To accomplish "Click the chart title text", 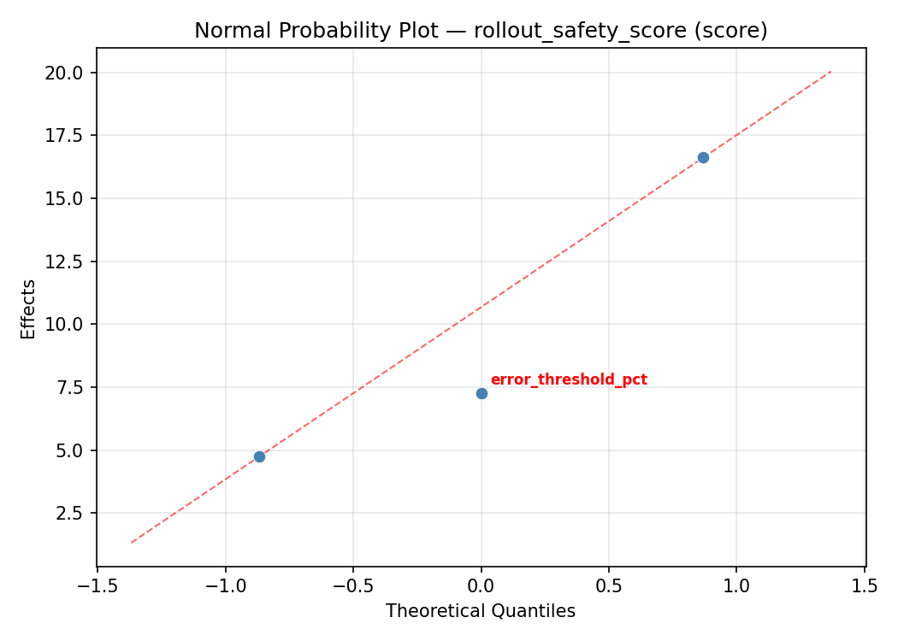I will [x=481, y=31].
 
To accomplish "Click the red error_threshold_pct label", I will [x=569, y=379].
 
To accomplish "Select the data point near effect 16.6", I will [x=703, y=157].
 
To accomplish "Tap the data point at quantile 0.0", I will [x=481, y=393].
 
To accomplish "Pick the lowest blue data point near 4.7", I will [x=259, y=456].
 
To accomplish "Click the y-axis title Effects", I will [x=29, y=309].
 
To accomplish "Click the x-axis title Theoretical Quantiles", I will [x=481, y=611].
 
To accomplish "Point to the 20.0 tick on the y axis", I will [x=66, y=73].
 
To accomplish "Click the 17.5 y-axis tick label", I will [x=66, y=135].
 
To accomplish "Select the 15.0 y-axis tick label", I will [x=66, y=198].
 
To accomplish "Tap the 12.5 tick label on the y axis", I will [x=66, y=262].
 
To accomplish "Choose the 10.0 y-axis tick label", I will [x=66, y=324].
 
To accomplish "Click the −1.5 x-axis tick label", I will [x=97, y=585].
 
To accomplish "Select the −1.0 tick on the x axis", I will [x=225, y=585].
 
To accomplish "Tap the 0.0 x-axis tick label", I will [x=481, y=585].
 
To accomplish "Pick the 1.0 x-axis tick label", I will [x=737, y=585].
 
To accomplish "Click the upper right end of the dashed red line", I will [x=830, y=72].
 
